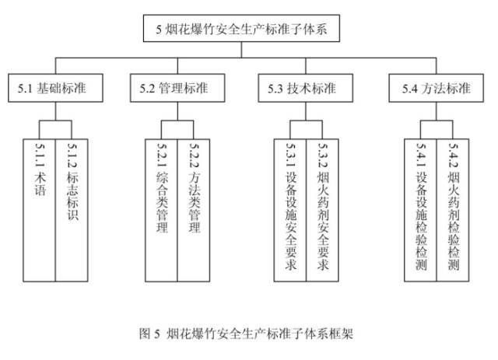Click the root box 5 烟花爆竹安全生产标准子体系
(x=242, y=30)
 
